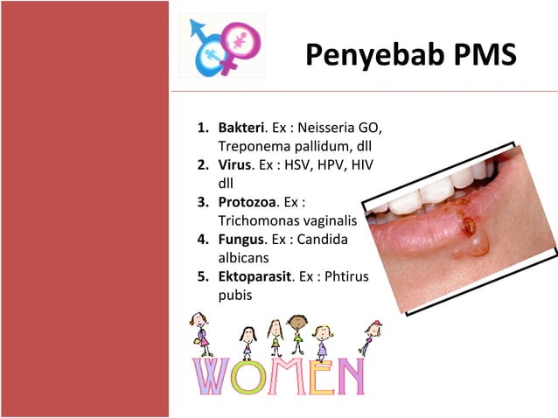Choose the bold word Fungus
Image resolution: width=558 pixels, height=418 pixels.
click(x=242, y=240)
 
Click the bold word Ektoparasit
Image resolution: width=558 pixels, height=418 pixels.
click(x=257, y=277)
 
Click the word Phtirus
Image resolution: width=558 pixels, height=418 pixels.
click(x=348, y=277)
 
